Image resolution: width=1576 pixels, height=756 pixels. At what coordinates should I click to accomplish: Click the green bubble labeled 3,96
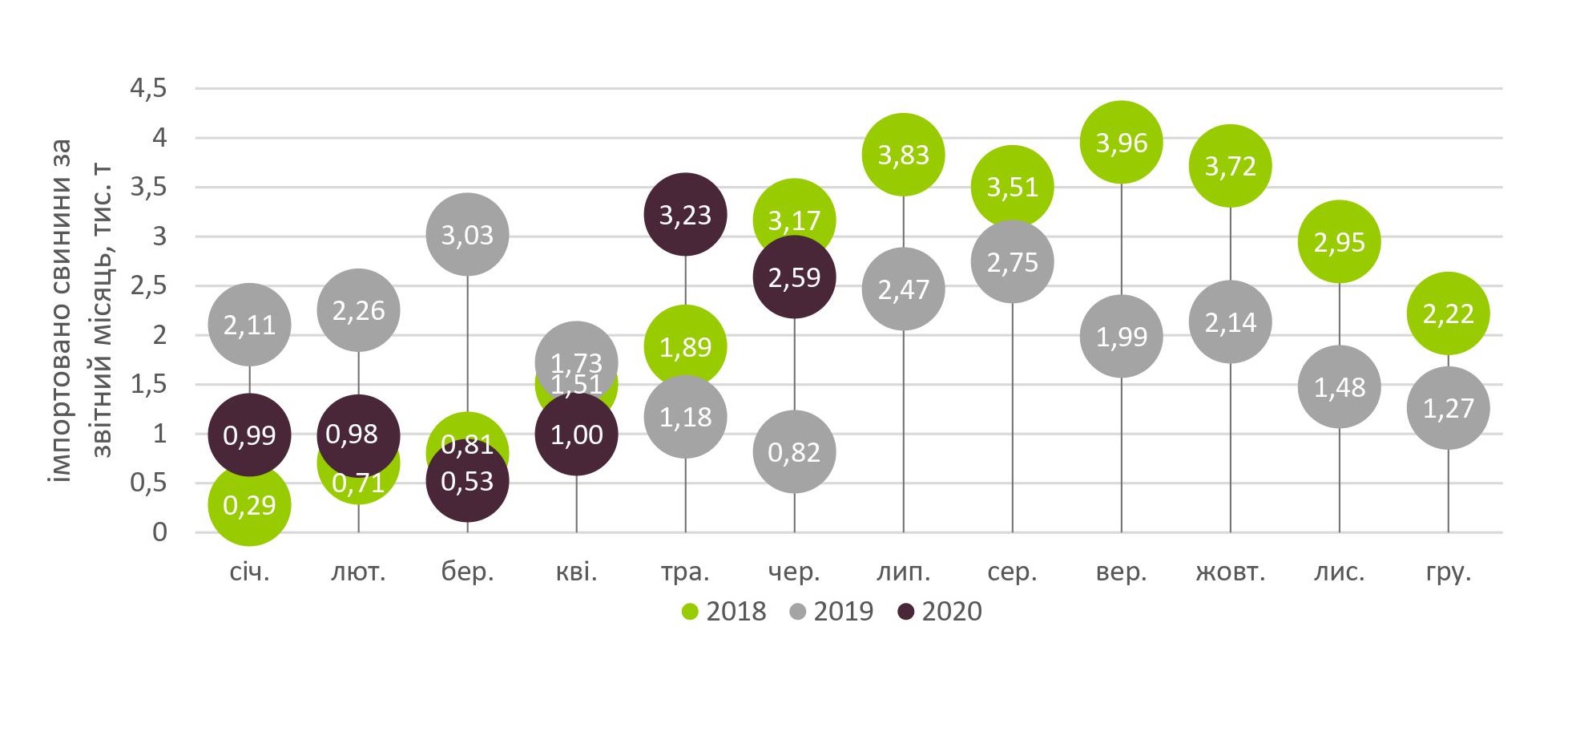[x=1121, y=143]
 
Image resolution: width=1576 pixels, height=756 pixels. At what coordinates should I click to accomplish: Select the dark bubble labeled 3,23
[x=685, y=215]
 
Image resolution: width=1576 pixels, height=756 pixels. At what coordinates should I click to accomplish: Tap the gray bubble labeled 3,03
[x=467, y=235]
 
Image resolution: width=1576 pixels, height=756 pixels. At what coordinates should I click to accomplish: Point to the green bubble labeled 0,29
[x=249, y=505]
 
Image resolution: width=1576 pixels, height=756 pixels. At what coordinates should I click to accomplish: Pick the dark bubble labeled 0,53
[x=467, y=482]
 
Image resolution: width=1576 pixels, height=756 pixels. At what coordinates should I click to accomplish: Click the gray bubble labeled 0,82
[x=794, y=452]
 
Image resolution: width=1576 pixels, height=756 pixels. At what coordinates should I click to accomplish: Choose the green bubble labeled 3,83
[x=903, y=155]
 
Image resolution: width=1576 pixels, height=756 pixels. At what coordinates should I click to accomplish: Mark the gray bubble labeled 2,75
[x=1012, y=262]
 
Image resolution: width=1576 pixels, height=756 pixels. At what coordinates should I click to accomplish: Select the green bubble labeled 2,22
[x=1448, y=313]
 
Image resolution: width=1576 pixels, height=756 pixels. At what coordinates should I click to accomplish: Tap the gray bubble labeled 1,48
[x=1339, y=387]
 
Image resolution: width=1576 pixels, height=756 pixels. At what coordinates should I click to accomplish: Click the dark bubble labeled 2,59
[x=794, y=277]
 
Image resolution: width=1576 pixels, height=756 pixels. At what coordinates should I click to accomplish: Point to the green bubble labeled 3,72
[x=1230, y=166]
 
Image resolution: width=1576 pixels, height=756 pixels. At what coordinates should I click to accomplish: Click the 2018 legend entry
[x=724, y=612]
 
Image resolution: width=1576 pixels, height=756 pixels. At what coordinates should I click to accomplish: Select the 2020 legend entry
[x=940, y=612]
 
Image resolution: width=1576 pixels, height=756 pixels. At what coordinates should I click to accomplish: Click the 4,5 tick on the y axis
[x=148, y=88]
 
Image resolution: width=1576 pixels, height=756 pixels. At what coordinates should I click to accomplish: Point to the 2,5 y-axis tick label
[x=148, y=285]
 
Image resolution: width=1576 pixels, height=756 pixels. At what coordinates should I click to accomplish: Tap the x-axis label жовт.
[x=1230, y=572]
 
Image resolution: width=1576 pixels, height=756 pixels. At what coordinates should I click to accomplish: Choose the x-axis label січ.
[x=249, y=572]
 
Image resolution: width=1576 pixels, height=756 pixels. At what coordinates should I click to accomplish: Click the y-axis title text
[x=80, y=310]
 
